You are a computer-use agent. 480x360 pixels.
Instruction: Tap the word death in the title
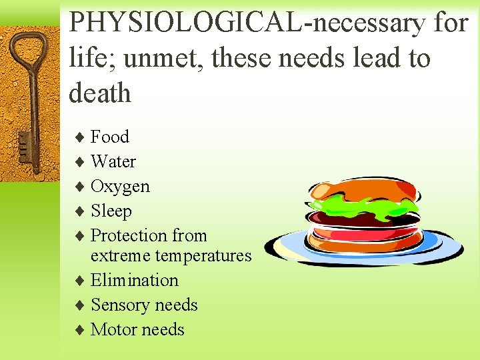coord(100,93)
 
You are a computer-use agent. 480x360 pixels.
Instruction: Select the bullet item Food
coord(110,137)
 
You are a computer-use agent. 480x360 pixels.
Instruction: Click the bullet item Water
coord(113,162)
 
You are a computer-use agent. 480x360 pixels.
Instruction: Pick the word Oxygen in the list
coord(120,187)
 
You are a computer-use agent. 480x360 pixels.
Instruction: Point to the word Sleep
coord(111,211)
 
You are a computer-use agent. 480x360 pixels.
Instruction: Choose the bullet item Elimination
coord(135,281)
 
